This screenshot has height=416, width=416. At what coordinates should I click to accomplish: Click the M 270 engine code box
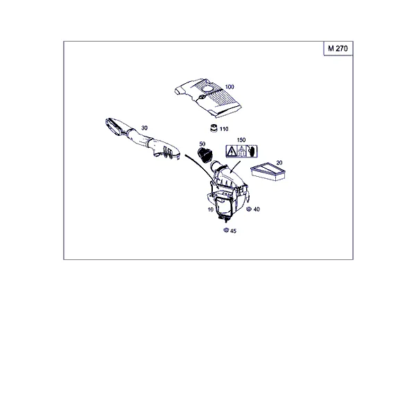[338, 49]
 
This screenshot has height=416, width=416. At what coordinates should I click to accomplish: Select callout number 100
[229, 87]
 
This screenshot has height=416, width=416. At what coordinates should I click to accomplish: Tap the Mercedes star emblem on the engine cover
[201, 97]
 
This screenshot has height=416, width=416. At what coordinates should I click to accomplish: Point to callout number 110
[224, 129]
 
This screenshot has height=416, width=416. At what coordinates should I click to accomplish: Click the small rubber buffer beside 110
[214, 128]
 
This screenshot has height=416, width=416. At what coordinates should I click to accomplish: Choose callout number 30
[144, 128]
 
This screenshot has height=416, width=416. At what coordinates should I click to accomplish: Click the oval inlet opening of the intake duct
[114, 128]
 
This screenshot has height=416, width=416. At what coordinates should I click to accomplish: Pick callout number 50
[202, 144]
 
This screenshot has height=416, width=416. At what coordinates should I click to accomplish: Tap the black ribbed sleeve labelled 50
[205, 155]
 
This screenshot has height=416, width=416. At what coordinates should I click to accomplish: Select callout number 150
[241, 140]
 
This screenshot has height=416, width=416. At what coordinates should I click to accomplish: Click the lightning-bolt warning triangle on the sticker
[232, 152]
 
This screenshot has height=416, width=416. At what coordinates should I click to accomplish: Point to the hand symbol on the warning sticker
[252, 151]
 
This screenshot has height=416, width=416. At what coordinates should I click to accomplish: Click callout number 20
[279, 163]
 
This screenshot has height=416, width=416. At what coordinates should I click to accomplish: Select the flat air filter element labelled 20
[268, 172]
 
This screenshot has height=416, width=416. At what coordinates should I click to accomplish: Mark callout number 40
[257, 209]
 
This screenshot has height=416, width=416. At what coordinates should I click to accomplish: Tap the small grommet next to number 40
[249, 209]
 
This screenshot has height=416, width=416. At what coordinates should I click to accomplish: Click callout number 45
[233, 231]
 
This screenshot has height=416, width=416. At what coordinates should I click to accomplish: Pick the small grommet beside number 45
[226, 230]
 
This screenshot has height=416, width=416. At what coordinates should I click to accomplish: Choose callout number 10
[210, 209]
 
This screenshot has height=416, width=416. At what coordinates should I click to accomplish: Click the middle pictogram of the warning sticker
[241, 151]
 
